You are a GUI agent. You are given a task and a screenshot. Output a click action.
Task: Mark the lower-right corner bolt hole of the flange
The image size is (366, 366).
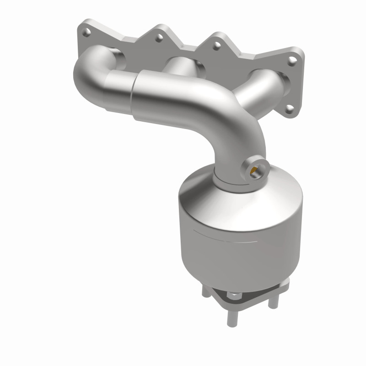pos(289,109)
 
